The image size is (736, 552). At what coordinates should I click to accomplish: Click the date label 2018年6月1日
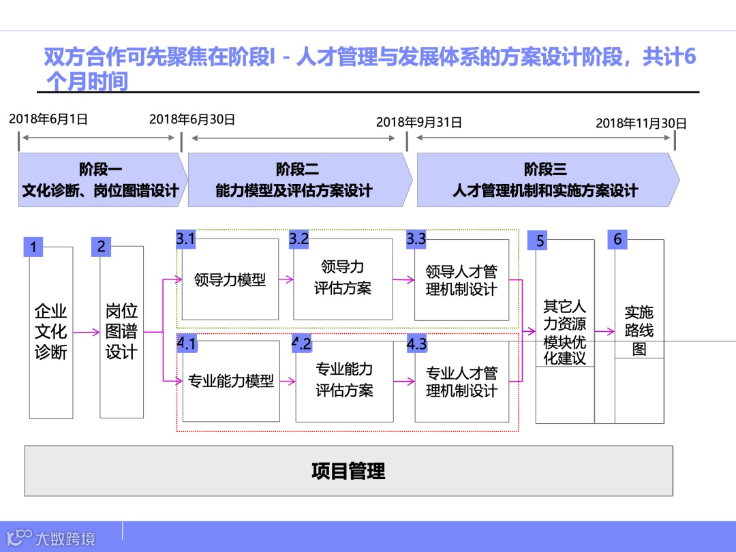(48, 119)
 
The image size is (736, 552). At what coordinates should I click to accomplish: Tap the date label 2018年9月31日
(418, 123)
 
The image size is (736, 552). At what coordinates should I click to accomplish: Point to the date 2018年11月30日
(641, 123)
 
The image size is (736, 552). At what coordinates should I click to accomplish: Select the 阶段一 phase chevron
(101, 180)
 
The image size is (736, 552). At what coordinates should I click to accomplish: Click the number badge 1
(33, 247)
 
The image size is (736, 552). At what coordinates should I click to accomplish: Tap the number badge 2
(101, 246)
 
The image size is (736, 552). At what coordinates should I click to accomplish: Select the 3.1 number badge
(186, 239)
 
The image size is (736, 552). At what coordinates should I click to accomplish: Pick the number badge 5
(540, 241)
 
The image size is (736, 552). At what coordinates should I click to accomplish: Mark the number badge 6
(617, 239)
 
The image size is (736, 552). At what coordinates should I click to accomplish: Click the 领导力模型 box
(230, 279)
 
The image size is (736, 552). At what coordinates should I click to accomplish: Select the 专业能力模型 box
(231, 381)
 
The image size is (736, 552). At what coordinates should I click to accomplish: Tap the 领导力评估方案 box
(343, 278)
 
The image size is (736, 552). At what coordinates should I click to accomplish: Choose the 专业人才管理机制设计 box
(462, 382)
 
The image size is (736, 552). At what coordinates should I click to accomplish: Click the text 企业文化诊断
(51, 333)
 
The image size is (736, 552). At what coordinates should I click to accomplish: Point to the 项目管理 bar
(348, 471)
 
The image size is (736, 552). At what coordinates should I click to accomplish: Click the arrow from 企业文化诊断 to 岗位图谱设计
(87, 333)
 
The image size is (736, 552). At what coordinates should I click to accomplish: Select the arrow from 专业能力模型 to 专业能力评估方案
(288, 381)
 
